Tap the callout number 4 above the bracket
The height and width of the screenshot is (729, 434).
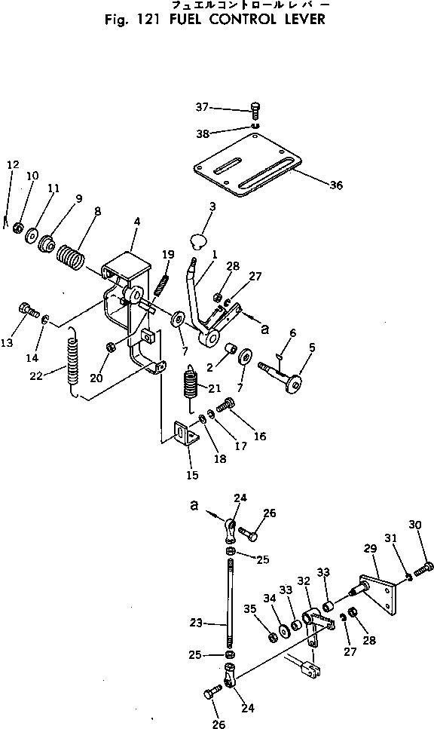[136, 222]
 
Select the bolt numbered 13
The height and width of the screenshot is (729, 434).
[30, 308]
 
